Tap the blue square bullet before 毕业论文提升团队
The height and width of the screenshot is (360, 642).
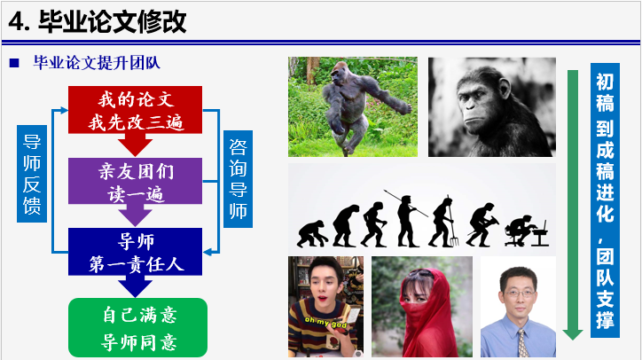point(14,63)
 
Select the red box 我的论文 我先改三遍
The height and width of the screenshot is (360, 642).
point(135,110)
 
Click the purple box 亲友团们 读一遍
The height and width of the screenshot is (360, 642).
point(135,181)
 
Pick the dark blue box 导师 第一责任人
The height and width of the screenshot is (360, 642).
point(135,252)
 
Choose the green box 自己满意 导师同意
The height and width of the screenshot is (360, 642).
point(138,328)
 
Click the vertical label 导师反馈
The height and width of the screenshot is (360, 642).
point(32,174)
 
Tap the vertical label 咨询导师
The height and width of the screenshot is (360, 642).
point(238,179)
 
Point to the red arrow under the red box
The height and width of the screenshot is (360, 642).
point(135,145)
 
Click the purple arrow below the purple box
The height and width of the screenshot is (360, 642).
point(135,215)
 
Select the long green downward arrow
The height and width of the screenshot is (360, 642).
point(573,205)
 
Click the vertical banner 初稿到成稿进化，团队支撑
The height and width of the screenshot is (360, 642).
point(605,200)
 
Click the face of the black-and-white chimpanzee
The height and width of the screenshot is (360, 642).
point(477,106)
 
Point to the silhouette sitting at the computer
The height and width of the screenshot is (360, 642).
point(527,231)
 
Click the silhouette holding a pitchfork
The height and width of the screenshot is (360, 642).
point(444,222)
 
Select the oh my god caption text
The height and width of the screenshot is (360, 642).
point(325,323)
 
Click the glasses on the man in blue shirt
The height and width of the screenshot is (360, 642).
point(520,293)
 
